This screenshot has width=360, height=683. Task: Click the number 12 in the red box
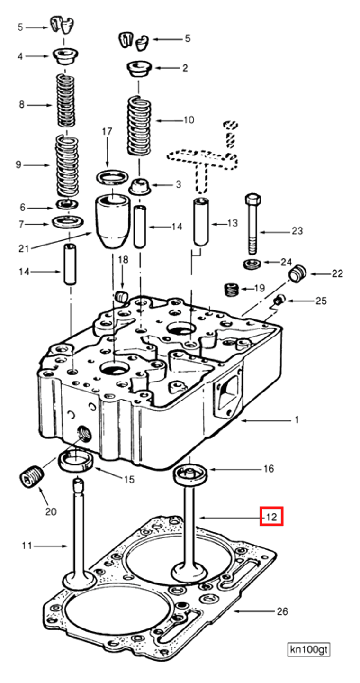[271, 517]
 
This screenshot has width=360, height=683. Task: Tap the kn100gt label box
[308, 649]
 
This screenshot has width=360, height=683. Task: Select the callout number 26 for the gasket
[282, 611]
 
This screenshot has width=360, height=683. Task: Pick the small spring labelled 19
[232, 289]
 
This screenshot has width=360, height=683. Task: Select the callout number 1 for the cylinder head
[297, 420]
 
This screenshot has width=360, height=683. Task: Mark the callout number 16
[269, 469]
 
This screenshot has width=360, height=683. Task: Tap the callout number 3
[178, 185]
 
